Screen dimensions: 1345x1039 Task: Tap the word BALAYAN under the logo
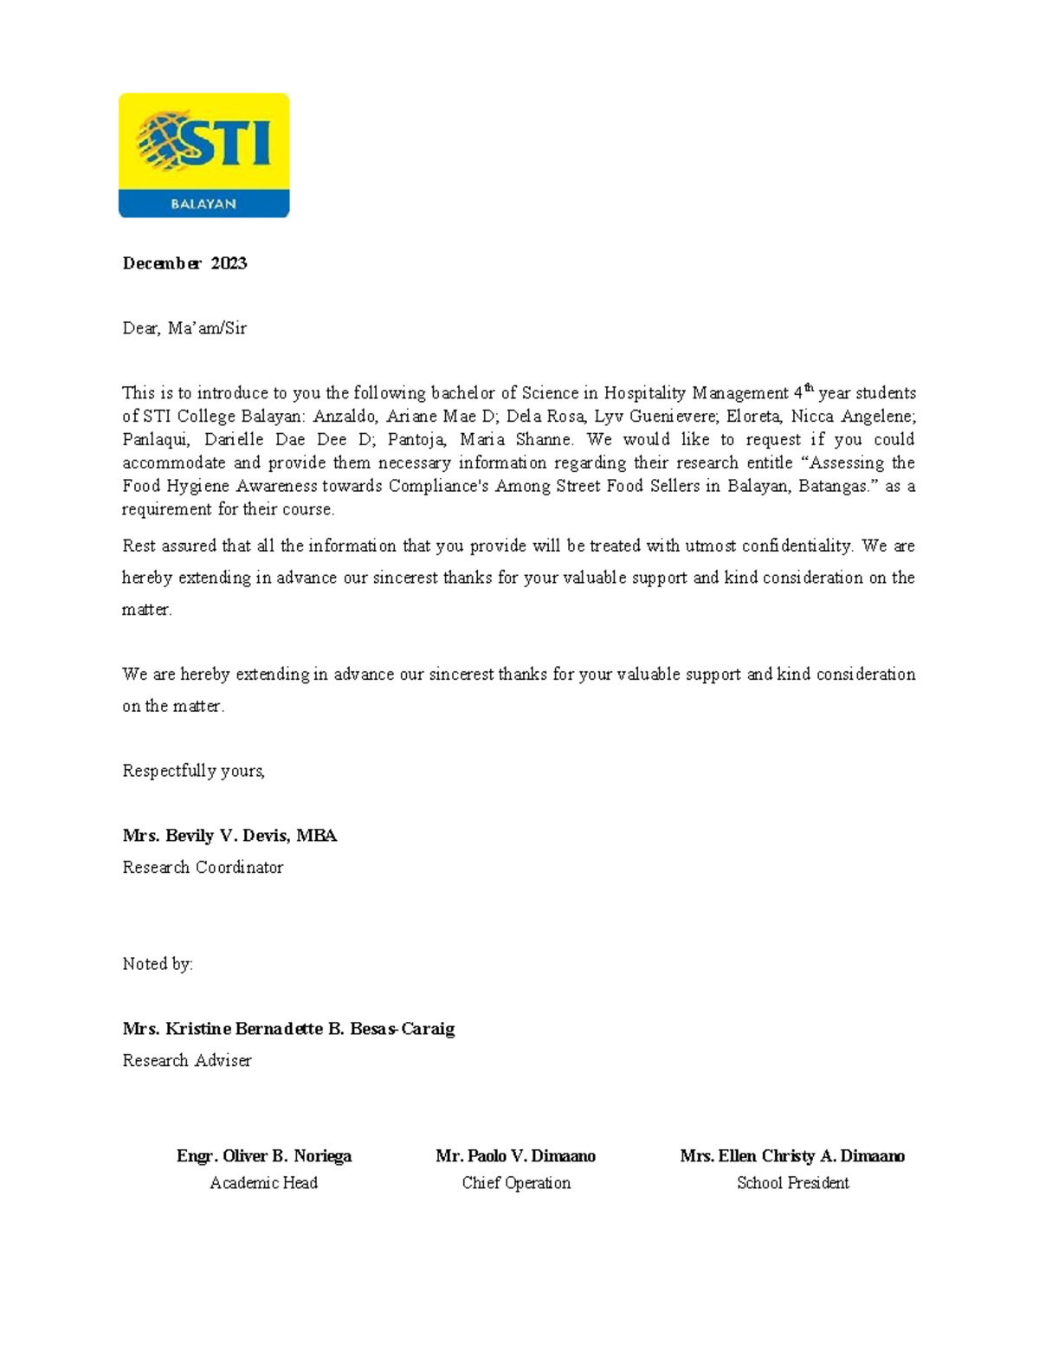coord(203,204)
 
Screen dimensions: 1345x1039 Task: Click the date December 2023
coord(184,263)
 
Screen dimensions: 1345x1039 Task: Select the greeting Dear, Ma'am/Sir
coord(184,328)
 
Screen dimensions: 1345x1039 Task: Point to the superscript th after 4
coord(810,388)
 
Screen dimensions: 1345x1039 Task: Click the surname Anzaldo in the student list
coord(345,417)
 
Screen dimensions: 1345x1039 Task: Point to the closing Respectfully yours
coord(193,771)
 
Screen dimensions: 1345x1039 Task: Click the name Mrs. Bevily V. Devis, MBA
coord(229,836)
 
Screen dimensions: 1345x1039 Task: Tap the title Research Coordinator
coord(203,868)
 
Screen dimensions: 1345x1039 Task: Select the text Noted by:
coord(158,964)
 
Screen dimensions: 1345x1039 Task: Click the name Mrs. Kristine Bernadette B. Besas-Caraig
coord(288,1029)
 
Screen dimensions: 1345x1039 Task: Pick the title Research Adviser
coord(187,1061)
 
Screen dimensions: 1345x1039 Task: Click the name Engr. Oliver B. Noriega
coord(264,1156)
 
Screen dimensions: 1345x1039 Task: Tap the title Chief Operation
coord(516,1183)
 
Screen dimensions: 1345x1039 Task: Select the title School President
coord(792,1183)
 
